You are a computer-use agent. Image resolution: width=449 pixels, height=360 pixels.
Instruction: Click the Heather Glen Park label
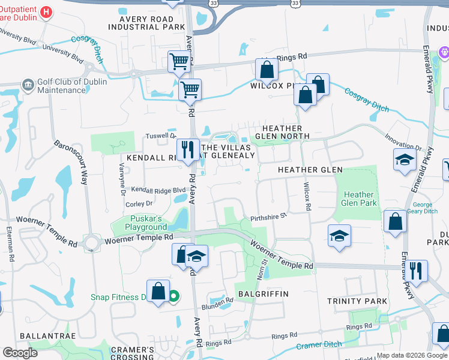coord(359,199)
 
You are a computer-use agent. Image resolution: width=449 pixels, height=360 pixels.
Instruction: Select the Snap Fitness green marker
coord(173,296)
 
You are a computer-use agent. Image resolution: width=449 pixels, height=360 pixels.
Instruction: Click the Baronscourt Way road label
coord(71,162)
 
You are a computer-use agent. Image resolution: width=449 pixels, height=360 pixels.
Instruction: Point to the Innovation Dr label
coord(403,143)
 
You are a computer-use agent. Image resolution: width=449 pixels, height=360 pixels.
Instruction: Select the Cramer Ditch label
coord(319,346)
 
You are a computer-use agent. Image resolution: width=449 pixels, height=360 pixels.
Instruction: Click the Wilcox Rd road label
coord(307,196)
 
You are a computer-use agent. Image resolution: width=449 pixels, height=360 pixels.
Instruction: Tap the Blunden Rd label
coord(221,301)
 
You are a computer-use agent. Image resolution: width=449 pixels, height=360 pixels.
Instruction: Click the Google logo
coord(20,353)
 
